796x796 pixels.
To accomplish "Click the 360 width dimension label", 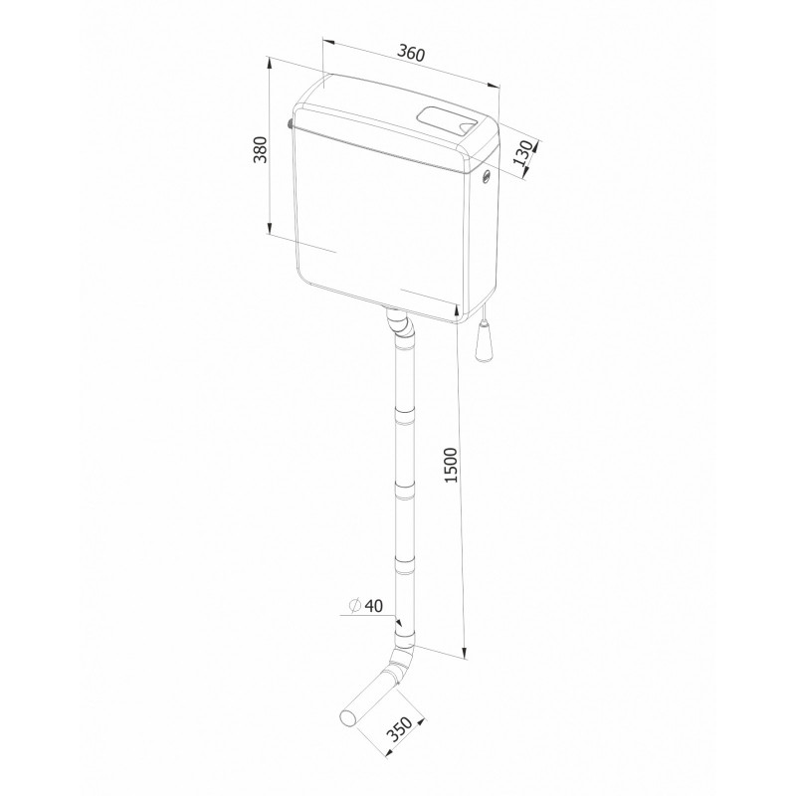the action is [410, 53].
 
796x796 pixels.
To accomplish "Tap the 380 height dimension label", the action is [261, 149].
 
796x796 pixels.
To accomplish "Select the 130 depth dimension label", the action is [522, 153].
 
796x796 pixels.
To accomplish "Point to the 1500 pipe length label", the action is [451, 465].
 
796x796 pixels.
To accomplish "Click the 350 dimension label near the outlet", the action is [399, 729].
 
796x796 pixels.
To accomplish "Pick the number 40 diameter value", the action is [374, 606].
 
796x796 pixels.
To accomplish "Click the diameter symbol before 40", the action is [355, 606].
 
